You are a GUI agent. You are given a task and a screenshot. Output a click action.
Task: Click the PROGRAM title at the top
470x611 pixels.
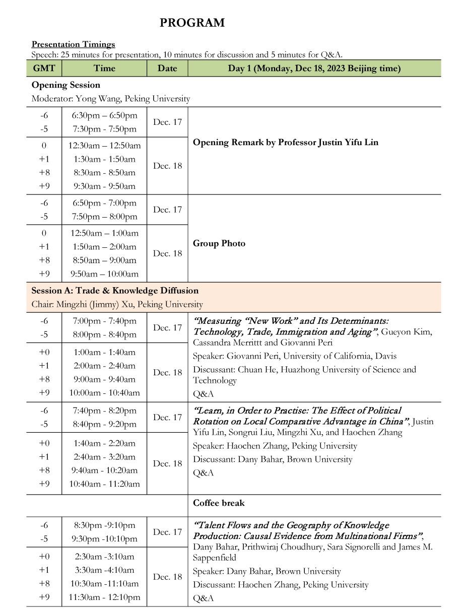tap(192, 23)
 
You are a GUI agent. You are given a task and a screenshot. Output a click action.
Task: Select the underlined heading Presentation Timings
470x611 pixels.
tap(73, 44)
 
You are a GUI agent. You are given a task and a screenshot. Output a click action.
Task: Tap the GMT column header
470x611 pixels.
tap(44, 69)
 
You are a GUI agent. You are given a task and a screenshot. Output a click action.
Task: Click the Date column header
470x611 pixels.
tap(167, 69)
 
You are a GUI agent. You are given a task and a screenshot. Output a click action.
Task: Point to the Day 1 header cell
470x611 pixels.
tap(314, 69)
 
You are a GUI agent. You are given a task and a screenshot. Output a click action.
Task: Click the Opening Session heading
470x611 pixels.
tap(65, 85)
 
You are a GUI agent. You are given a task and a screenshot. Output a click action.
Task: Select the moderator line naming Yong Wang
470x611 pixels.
tap(110, 99)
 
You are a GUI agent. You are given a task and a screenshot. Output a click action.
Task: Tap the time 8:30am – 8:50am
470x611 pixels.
tap(104, 173)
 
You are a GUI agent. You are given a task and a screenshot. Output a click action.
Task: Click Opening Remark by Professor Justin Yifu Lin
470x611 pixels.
tap(285, 143)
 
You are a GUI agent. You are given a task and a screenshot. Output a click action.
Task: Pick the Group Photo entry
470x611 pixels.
tap(219, 244)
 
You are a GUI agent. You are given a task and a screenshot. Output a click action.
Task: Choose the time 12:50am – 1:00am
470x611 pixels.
tap(104, 233)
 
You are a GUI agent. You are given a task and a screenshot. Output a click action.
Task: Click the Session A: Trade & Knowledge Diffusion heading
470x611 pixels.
tap(115, 291)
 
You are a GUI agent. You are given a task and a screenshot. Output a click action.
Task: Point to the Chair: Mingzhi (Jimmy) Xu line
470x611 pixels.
tap(117, 304)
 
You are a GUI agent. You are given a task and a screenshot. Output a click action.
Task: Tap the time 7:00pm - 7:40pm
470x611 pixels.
tap(104, 321)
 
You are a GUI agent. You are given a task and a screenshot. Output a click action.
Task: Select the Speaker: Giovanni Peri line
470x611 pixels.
tap(294, 356)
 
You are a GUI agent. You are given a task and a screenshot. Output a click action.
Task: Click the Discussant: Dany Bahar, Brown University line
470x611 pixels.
tap(273, 459)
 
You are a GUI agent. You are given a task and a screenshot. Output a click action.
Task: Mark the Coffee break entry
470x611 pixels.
tap(219, 503)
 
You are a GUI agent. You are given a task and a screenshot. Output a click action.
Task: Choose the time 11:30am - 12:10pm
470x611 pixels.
tap(104, 597)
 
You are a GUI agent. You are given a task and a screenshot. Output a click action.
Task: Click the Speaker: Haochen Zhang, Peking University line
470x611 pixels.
tap(275, 446)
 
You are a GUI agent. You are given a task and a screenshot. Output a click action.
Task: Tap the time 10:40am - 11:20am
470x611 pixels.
tap(104, 484)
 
